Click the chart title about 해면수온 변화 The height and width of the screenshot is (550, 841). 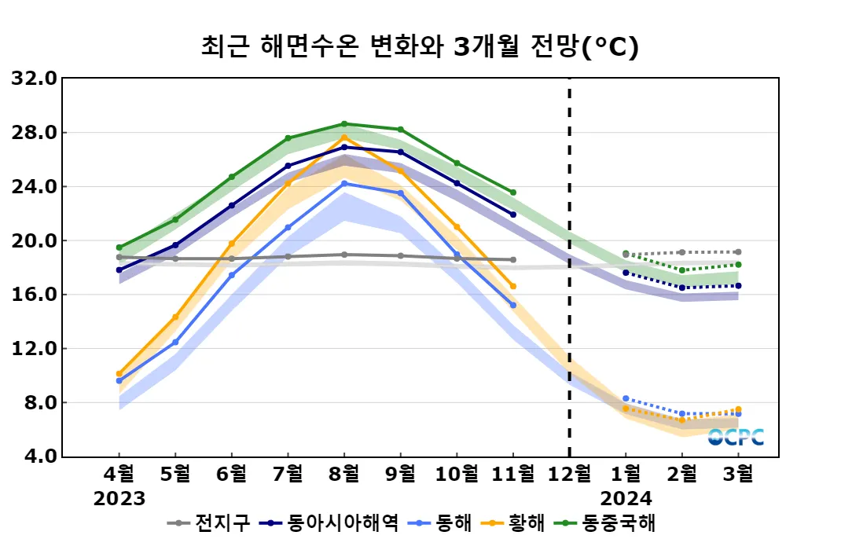point(420,46)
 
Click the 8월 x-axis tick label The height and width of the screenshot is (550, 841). point(344,475)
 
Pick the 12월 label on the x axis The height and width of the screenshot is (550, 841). point(569,475)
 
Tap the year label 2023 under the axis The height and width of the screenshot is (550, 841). point(119,498)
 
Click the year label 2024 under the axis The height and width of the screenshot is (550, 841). point(626,498)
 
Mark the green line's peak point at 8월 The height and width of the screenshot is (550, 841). point(344,123)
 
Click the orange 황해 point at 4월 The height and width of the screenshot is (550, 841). point(119,374)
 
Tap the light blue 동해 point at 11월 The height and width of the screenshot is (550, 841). point(513,305)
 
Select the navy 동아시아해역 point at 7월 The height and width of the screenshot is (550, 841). point(288,166)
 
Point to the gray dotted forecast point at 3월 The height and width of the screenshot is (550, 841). point(739,252)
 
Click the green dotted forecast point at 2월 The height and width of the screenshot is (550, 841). point(682,270)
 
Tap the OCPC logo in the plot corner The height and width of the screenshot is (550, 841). point(736,437)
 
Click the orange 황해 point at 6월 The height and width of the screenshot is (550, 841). point(232,244)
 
